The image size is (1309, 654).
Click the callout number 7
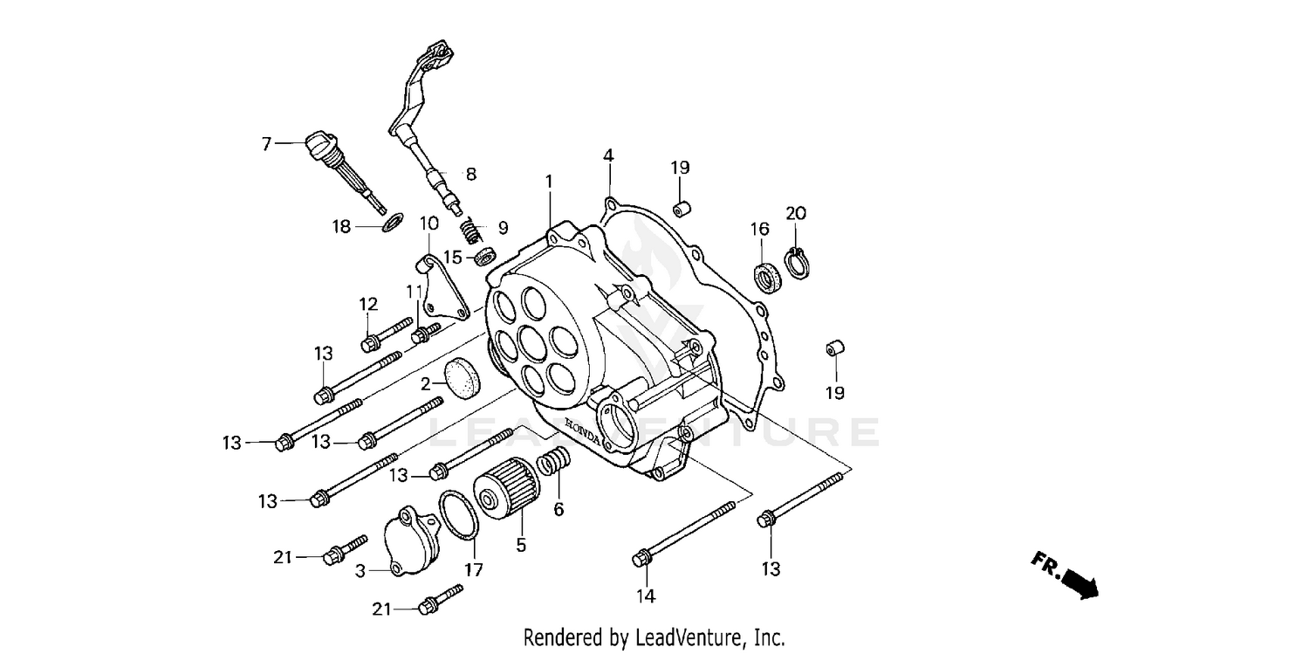[266, 143]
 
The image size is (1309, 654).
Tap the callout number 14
[645, 596]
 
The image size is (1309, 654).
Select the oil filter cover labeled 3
[409, 540]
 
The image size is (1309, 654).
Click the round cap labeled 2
[463, 376]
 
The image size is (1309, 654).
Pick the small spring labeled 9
[471, 232]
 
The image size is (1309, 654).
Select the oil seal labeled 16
[766, 275]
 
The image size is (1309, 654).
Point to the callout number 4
[607, 155]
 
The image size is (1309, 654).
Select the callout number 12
[368, 304]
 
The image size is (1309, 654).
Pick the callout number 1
[549, 182]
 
